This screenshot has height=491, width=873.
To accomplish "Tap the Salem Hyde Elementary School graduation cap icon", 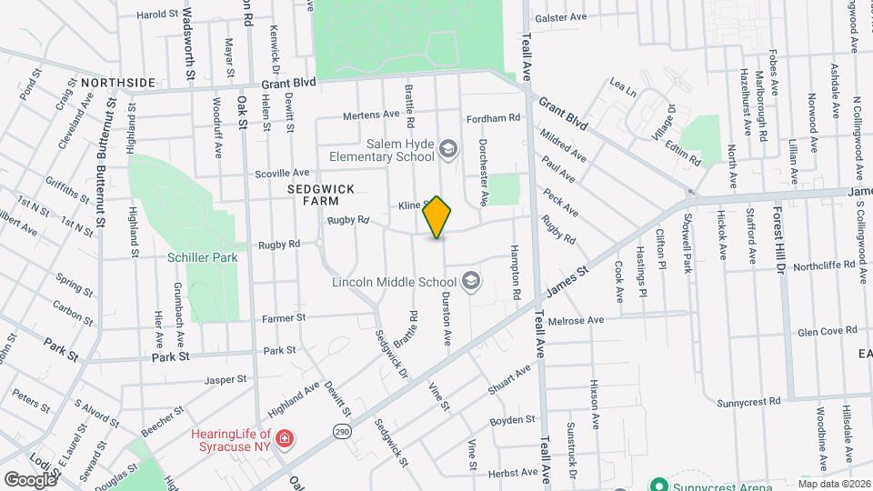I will click(447, 148).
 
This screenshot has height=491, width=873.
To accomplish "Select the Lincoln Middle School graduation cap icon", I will click(470, 282).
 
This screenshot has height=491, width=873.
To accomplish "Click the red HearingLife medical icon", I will click(285, 439).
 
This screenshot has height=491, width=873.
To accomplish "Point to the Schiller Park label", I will click(202, 257).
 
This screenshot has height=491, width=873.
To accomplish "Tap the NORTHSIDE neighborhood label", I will click(118, 83).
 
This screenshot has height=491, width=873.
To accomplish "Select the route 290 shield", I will click(341, 431).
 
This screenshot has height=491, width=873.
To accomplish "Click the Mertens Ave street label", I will click(372, 115).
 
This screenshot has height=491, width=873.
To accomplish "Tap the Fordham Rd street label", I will click(493, 118).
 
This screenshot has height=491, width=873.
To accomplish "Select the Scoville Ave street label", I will click(283, 172).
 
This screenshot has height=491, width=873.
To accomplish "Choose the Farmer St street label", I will click(284, 318).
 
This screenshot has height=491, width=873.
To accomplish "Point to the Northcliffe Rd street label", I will click(824, 266).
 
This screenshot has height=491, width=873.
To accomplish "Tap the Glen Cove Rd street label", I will click(827, 333).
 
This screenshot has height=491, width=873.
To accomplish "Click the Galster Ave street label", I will click(561, 17).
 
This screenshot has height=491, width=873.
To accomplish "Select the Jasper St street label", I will click(226, 379).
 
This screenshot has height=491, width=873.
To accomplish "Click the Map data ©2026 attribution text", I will click(833, 484).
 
